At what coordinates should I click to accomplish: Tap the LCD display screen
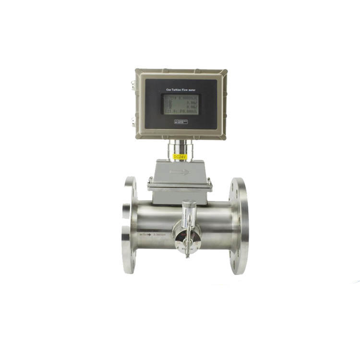click(180, 104)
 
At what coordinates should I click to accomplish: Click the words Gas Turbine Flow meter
click(180, 89)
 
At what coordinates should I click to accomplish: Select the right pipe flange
click(239, 226)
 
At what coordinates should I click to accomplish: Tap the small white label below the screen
click(180, 122)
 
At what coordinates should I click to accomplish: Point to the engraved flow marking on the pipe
click(154, 234)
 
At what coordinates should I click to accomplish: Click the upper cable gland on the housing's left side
click(133, 85)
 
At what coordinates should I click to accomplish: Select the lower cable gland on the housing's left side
click(133, 122)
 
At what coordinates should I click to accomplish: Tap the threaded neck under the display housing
click(180, 146)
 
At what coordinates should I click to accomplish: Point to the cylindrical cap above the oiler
click(188, 207)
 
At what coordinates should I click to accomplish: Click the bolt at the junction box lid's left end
click(150, 181)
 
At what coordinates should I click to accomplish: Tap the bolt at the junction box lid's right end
click(209, 181)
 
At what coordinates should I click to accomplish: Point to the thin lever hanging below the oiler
click(188, 249)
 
